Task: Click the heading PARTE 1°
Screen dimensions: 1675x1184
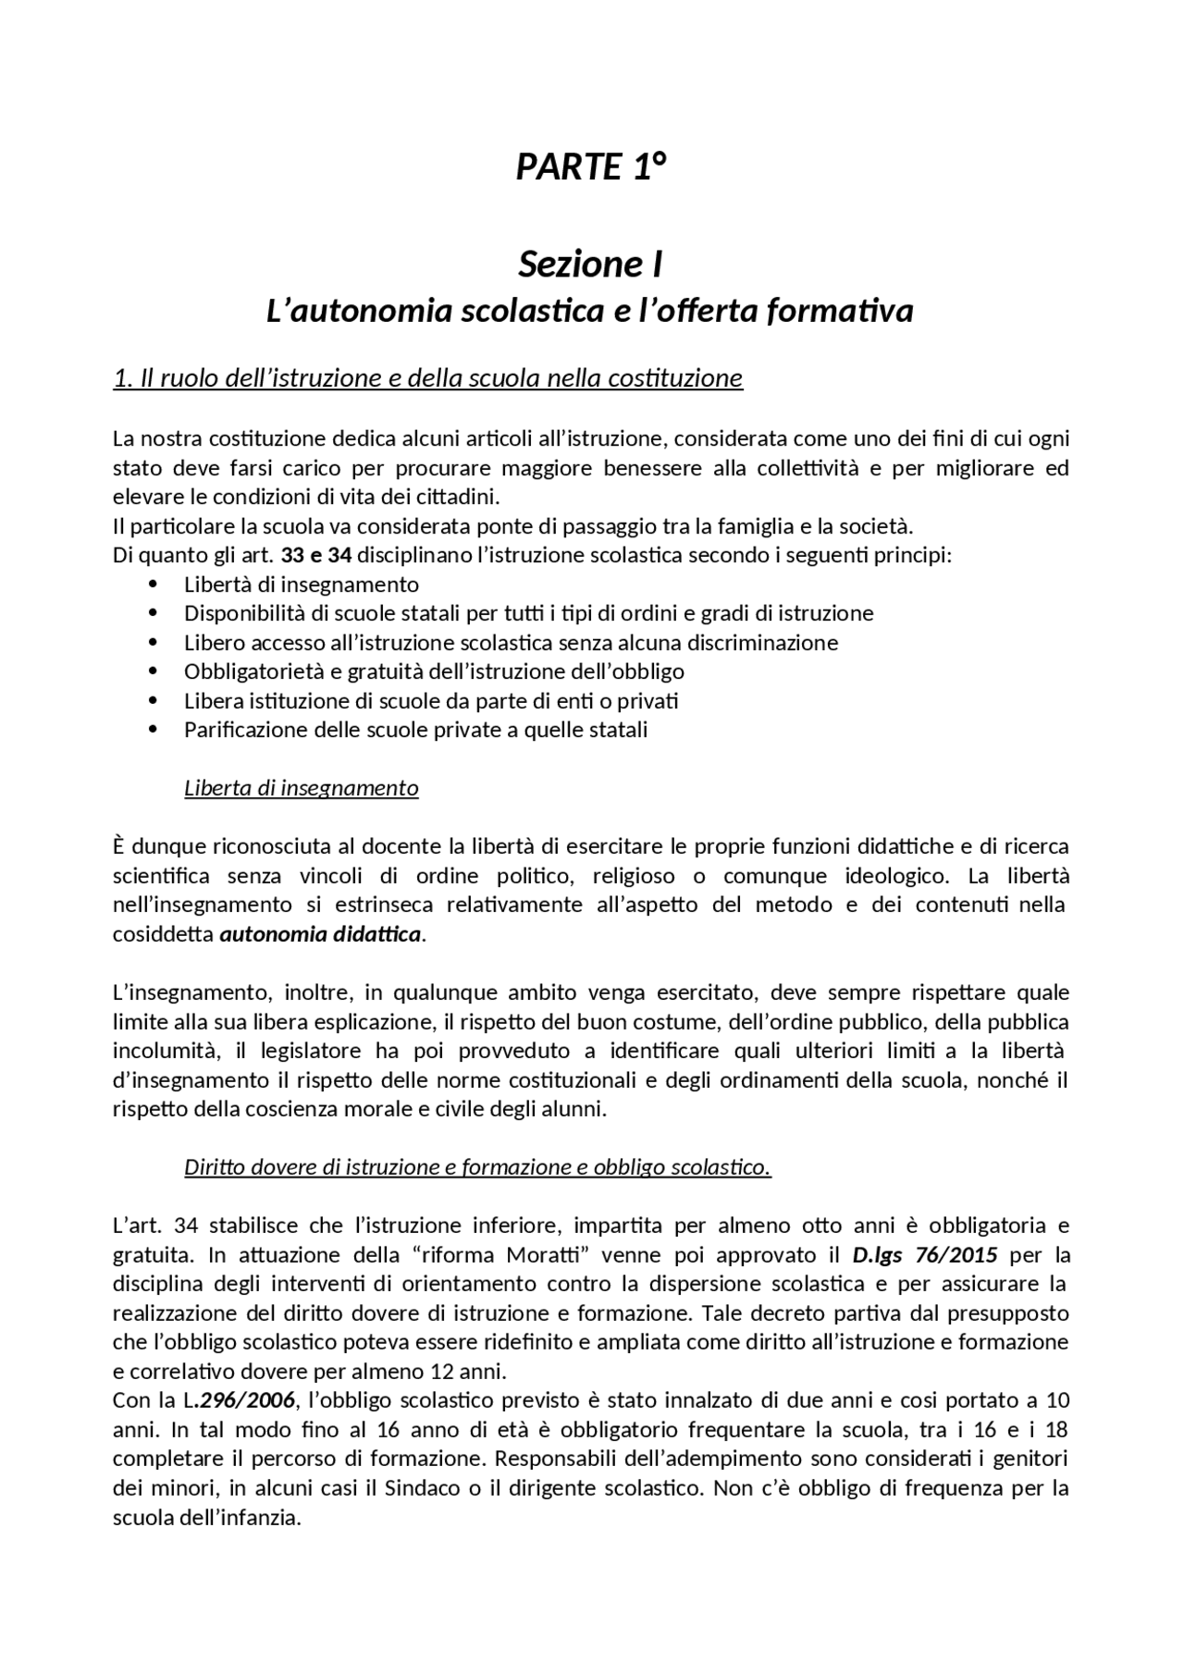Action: (x=591, y=167)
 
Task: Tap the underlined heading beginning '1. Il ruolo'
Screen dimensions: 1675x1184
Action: (x=427, y=378)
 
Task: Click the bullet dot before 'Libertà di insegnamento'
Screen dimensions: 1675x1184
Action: (x=154, y=585)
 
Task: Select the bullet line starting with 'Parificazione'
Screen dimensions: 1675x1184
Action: (x=415, y=730)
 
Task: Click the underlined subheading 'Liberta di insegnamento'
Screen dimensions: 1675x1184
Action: (x=302, y=788)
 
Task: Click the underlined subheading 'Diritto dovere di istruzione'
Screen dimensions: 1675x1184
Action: (x=477, y=1167)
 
